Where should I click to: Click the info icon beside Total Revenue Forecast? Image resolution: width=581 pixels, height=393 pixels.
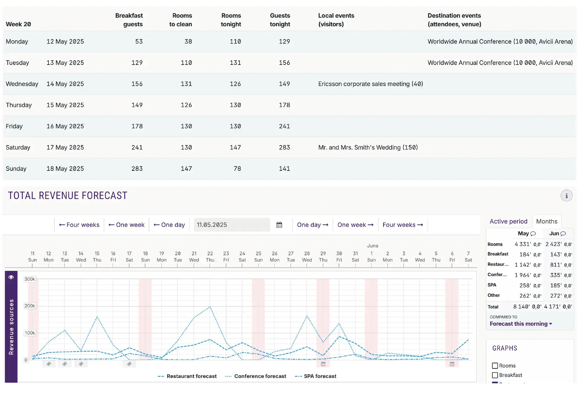click(x=566, y=196)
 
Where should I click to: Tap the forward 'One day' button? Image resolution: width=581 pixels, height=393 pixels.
click(x=312, y=225)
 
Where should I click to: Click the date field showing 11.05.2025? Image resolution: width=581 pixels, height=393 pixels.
click(x=231, y=225)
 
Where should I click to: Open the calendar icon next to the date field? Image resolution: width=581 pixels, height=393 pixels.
click(x=279, y=225)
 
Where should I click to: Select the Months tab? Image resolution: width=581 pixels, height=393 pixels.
click(x=546, y=221)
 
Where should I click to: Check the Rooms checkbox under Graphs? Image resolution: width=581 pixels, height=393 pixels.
click(x=495, y=366)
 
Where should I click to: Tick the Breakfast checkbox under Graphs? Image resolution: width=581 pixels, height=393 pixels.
click(x=495, y=375)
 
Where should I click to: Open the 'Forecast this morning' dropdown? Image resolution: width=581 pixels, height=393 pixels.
click(x=521, y=324)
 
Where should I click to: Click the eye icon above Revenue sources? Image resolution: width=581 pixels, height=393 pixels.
click(x=11, y=277)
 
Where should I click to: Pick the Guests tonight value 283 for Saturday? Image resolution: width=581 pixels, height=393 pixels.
click(x=284, y=148)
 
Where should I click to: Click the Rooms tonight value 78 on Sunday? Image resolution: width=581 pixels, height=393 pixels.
click(x=237, y=169)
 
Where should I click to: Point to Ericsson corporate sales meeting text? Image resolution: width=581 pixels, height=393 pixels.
click(x=370, y=84)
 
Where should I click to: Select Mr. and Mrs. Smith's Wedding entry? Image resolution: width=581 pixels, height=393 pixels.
click(x=368, y=148)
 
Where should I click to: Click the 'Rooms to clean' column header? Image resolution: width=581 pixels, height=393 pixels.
click(x=180, y=20)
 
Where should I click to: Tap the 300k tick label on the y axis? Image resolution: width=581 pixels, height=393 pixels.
click(x=30, y=279)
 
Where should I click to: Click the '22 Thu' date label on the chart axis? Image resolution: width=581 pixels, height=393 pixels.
click(x=210, y=257)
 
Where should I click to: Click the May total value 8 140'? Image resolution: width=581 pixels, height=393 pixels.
click(x=521, y=307)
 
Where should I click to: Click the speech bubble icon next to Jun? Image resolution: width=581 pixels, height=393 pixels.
click(x=563, y=234)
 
